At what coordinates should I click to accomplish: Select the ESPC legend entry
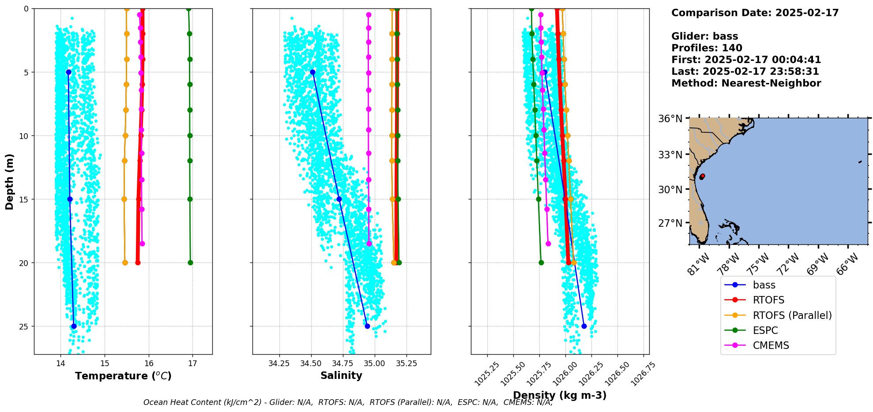765,330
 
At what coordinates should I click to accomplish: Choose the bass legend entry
764,285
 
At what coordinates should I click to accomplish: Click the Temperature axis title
123,376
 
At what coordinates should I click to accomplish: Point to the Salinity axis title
341,375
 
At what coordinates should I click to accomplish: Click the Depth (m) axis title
10,181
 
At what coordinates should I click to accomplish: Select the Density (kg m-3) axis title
560,395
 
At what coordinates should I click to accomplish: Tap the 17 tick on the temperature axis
192,363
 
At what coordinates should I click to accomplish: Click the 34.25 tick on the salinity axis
279,363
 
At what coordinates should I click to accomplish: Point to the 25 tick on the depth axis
22,326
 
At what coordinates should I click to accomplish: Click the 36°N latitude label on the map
670,119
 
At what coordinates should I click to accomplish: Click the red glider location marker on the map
702,176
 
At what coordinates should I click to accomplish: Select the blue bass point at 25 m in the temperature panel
74,326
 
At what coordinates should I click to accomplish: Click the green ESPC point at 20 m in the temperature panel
190,262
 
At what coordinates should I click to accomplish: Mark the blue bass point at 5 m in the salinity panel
312,72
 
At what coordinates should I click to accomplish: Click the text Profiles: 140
707,48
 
